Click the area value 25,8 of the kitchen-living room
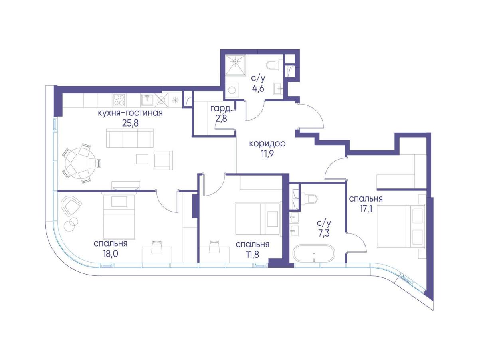click(x=130, y=123)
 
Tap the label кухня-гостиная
click(x=130, y=113)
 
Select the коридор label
click(x=267, y=144)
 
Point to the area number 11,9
click(x=267, y=154)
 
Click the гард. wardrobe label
click(x=221, y=109)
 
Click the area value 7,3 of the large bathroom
click(x=324, y=233)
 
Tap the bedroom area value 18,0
click(x=111, y=254)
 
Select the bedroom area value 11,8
click(x=253, y=254)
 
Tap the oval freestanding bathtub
click(x=313, y=253)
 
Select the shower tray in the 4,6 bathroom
click(x=236, y=65)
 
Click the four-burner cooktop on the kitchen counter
click(x=119, y=100)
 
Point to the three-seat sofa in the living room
click(x=130, y=138)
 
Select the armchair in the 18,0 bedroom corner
click(x=70, y=205)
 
